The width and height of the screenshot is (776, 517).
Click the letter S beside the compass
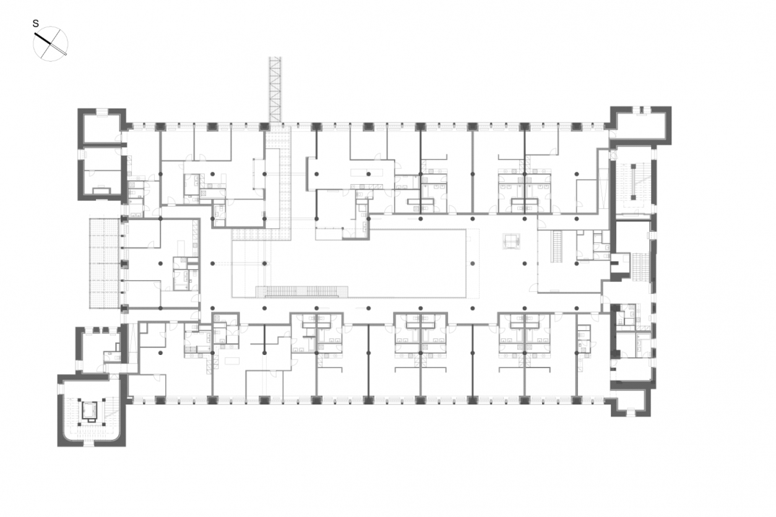pos(36,24)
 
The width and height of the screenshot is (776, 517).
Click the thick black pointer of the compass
pos(43,39)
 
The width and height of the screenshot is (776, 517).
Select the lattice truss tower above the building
pos(275,89)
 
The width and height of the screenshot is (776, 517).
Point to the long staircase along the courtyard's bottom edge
pos(302,292)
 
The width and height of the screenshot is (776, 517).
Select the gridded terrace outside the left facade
pos(105,263)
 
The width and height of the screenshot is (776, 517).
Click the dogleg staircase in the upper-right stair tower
pos(633,182)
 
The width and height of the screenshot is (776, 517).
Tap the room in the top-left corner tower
pos(101,127)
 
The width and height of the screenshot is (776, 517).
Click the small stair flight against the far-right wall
pos(642,267)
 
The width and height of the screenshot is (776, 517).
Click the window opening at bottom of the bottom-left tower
pos(92,443)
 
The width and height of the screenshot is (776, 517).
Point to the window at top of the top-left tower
pos(102,111)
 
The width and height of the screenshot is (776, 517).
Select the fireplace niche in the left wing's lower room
pos(101,190)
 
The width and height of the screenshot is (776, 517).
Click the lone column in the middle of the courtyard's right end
pos(473,263)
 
